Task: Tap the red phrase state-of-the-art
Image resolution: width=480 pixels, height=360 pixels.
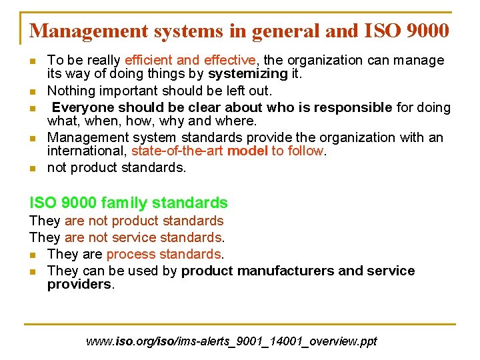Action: (177, 151)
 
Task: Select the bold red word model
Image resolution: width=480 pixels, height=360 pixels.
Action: (248, 151)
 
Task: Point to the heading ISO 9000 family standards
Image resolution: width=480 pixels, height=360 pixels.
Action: (129, 203)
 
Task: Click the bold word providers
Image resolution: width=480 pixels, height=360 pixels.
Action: (79, 284)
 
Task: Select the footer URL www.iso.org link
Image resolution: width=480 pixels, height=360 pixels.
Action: (231, 341)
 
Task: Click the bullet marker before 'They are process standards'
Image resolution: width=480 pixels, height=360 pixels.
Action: (33, 255)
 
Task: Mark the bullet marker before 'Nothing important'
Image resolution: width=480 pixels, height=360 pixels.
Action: (33, 91)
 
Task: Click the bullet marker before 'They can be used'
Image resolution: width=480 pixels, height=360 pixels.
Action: (33, 271)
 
